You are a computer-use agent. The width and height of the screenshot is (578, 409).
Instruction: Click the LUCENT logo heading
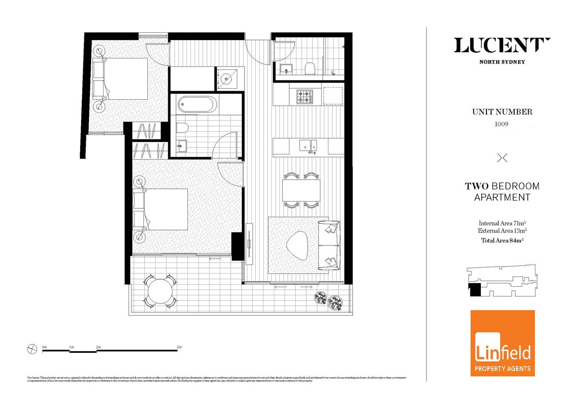pos(502,46)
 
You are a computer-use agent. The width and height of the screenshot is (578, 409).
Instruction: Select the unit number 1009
pos(501,124)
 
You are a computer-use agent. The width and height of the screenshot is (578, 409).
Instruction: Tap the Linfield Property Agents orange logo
pos(502,343)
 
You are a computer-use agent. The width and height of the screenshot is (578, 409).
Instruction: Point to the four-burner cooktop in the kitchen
pos(305,97)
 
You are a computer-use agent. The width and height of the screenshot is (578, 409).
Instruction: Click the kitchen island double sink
pos(308,145)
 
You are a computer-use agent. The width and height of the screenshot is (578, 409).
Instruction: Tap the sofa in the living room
pos(329,245)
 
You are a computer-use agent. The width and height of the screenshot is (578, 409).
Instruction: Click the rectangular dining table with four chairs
pos(301,190)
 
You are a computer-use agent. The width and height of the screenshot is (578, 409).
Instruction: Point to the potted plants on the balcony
pos(329,300)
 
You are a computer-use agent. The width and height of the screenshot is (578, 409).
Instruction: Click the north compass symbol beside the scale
pos(32,349)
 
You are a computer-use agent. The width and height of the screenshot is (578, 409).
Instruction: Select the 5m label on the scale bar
pos(179,347)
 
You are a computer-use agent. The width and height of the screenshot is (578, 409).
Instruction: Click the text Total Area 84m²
pos(502,240)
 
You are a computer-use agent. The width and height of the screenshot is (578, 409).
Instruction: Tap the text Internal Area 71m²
pos(502,223)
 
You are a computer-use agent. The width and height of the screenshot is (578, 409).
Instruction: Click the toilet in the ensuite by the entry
pos(310,68)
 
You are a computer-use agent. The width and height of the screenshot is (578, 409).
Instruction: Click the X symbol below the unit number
pos(502,158)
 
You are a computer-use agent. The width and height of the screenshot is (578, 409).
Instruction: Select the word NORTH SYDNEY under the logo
pos(502,62)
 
